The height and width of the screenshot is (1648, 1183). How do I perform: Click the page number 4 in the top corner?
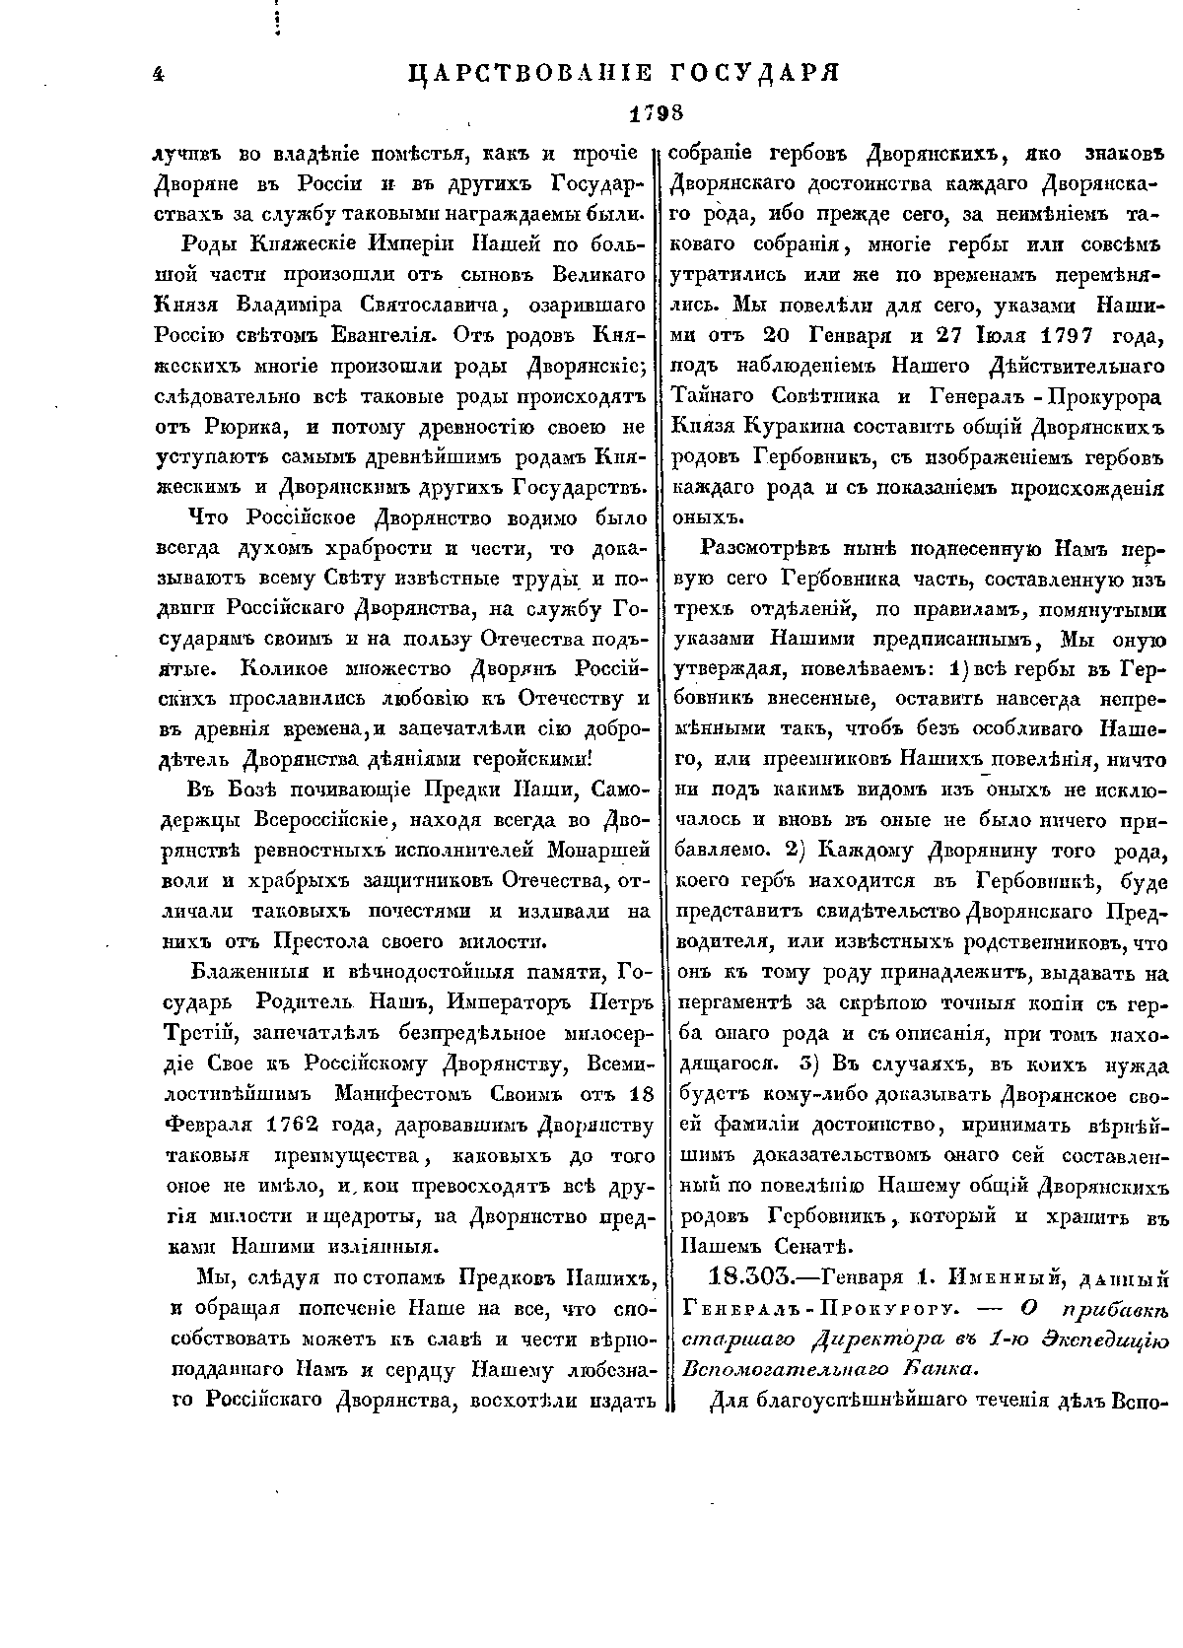click(158, 74)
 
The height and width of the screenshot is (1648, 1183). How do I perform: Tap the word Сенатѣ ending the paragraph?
click(810, 1247)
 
